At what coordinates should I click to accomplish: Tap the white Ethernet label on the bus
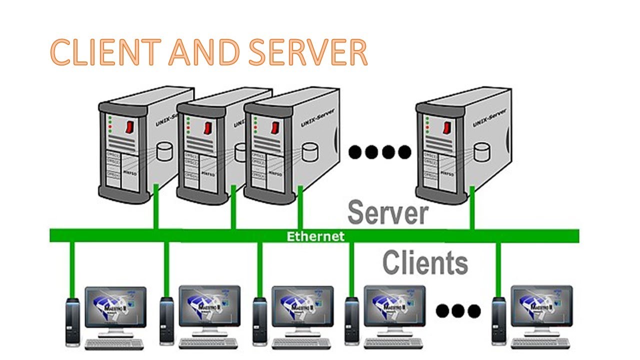click(315, 236)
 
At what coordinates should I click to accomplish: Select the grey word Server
click(387, 212)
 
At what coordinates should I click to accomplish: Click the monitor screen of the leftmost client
click(115, 306)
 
